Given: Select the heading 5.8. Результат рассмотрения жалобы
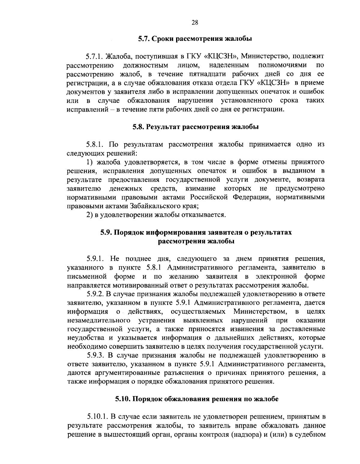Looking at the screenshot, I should click(196, 127).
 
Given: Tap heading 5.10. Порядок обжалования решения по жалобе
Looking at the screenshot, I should click(197, 399).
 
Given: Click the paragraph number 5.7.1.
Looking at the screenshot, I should click(93, 56).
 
